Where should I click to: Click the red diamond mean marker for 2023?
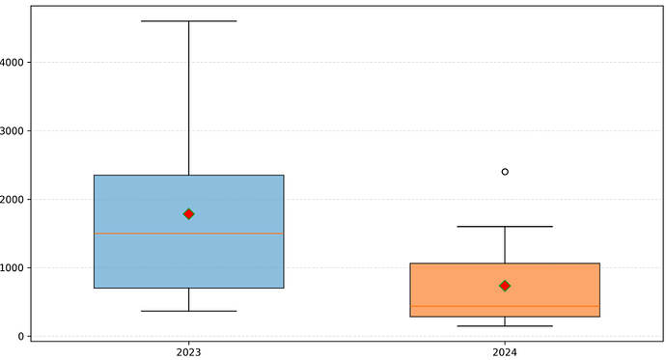189,214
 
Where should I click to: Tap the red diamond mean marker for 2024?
505,286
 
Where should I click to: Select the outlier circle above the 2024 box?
505,172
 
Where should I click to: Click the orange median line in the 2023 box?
189,234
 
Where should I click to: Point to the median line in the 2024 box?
505,306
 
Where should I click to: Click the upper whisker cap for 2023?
189,21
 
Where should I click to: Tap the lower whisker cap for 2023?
189,311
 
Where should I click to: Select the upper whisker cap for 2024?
505,227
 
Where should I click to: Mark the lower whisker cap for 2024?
505,326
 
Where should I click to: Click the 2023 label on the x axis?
188,352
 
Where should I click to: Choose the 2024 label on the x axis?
505,352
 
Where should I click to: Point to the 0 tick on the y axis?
21,337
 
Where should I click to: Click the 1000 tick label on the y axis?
12,268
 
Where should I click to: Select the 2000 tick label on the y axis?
12,200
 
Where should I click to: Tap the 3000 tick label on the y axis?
12,130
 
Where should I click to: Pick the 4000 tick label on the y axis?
12,63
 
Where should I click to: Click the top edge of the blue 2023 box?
189,176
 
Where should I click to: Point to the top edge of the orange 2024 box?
505,263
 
